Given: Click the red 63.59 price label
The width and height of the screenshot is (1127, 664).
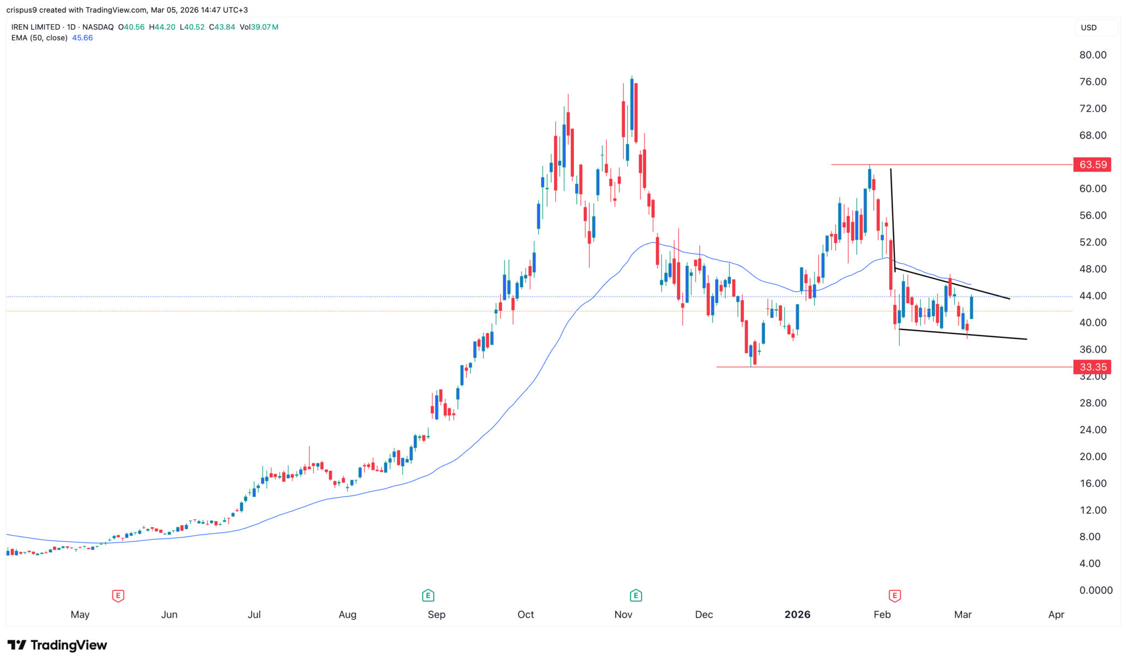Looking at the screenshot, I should (1092, 164).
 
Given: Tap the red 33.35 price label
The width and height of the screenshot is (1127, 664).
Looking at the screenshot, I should (1092, 367).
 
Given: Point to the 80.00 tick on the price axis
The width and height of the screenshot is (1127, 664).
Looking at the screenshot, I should (1092, 55).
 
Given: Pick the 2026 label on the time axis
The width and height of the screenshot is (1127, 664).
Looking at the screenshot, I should (797, 614).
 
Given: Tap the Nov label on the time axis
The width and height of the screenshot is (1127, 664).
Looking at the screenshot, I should (623, 614).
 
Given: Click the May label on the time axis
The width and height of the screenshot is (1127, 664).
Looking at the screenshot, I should (80, 614).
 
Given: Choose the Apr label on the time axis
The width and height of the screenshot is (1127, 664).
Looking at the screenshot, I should (1056, 614).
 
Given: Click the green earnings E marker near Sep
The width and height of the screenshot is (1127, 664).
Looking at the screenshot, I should (428, 595).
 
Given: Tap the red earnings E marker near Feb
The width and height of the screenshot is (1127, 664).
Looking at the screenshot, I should (895, 595).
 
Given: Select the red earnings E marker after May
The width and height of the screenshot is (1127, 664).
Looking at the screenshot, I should (118, 595).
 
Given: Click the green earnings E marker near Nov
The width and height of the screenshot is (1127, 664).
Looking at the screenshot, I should (636, 595).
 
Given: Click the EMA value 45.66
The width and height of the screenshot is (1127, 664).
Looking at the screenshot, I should (83, 38).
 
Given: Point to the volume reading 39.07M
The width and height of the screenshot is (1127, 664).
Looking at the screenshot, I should (265, 27).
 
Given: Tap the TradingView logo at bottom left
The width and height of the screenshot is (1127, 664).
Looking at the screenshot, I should (57, 645).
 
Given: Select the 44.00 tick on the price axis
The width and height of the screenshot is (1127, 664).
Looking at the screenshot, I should (1092, 296).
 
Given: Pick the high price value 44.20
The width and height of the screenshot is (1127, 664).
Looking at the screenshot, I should (165, 27).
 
